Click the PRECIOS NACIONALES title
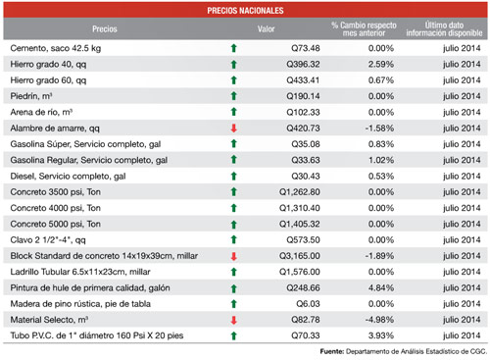pos(245,11)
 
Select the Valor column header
pos(266,29)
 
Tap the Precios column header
pos(105,29)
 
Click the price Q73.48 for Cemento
pos(306,48)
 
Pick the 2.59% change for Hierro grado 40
pos(381,65)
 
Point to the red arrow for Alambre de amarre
pos(233,129)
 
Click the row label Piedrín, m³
pos(31,96)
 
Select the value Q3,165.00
pos(300,256)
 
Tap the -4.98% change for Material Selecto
pos(379,320)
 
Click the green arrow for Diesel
pos(233,177)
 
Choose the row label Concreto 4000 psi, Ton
pos(56,208)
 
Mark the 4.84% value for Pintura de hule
pos(381,288)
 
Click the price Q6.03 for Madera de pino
pos(308,304)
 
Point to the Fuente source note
pos(404,352)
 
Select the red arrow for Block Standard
pos(233,256)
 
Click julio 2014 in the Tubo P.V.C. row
pos(462,335)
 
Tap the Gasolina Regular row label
pos(89,160)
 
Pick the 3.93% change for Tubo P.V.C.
pos(381,335)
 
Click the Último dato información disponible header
pos(444,29)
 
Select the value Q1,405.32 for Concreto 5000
pos(300,225)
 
